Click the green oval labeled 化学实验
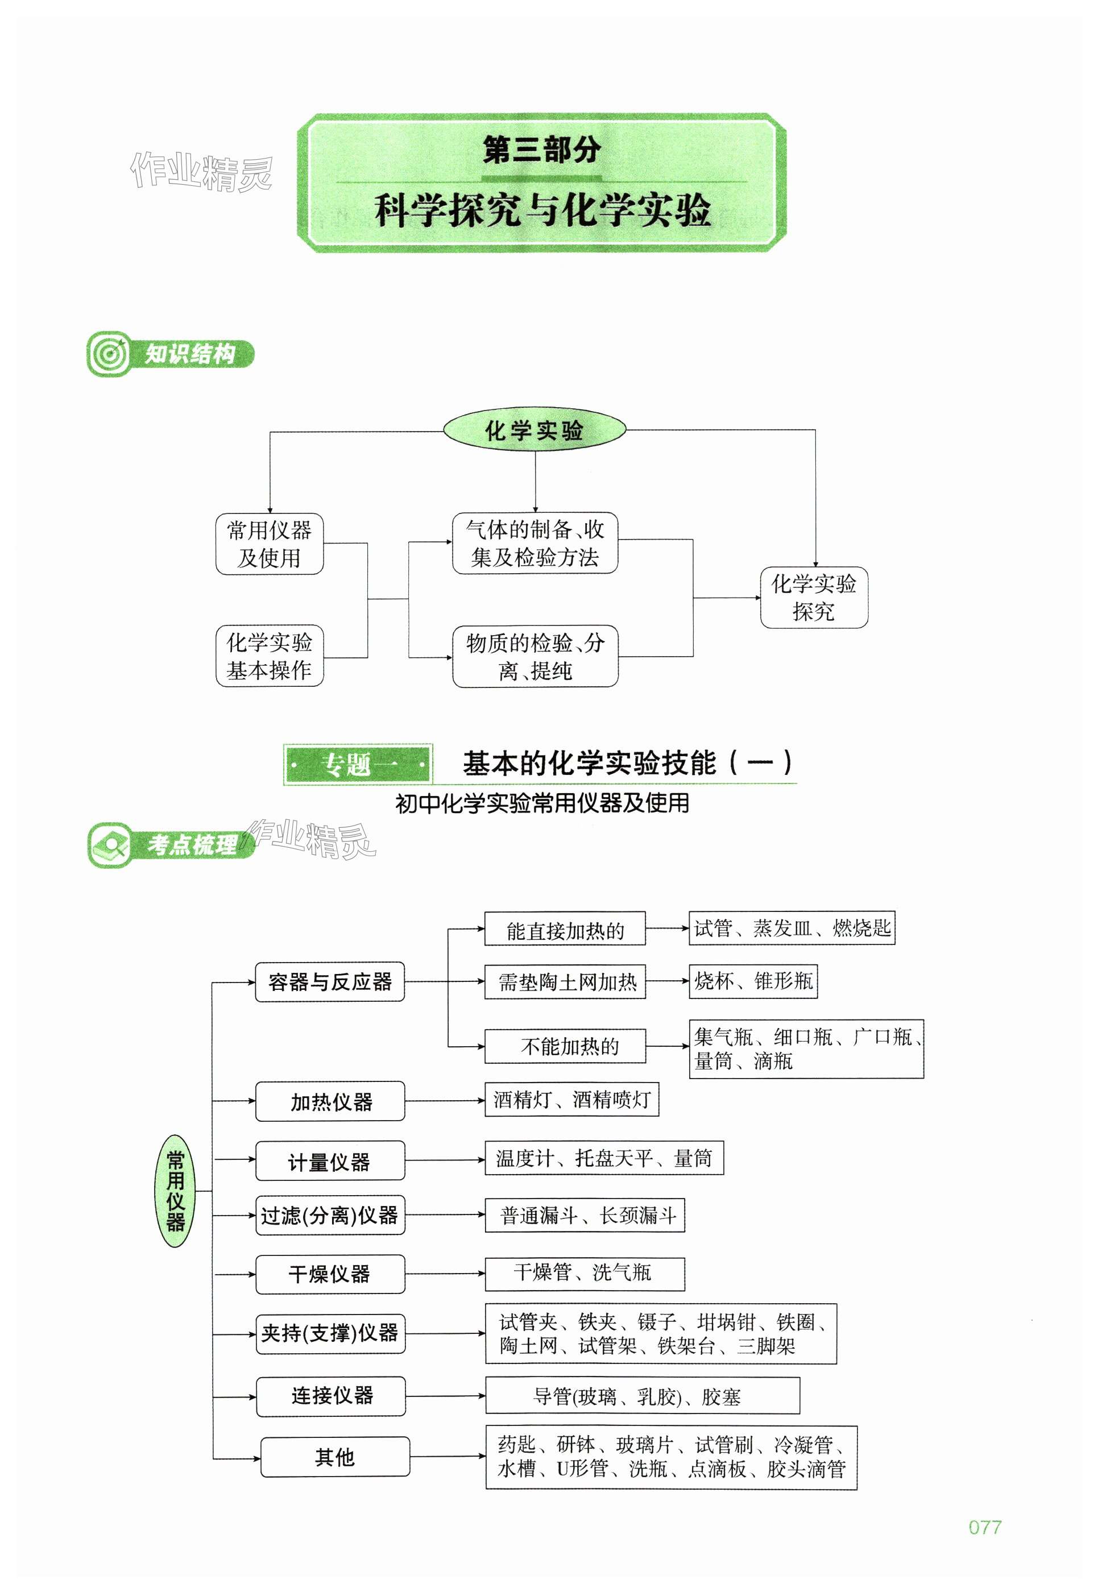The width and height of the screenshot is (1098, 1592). pyautogui.click(x=534, y=430)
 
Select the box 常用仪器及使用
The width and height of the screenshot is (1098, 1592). pyautogui.click(x=269, y=544)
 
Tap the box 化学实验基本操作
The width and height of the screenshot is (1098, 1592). pyautogui.click(x=269, y=656)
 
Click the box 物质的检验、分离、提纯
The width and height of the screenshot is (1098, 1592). pyautogui.click(x=535, y=656)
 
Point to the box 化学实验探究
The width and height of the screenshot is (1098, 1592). pyautogui.click(x=813, y=597)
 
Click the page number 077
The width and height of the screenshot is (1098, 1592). pyautogui.click(x=984, y=1527)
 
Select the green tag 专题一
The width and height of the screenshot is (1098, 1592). pyautogui.click(x=358, y=764)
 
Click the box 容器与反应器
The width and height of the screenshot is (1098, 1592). pyautogui.click(x=330, y=982)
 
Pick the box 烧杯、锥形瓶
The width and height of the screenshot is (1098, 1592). pyautogui.click(x=753, y=981)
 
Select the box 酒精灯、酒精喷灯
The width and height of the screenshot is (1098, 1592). pyautogui.click(x=571, y=1100)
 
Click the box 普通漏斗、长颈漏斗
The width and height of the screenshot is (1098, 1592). pyautogui.click(x=584, y=1216)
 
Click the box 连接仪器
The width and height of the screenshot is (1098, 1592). pyautogui.click(x=331, y=1396)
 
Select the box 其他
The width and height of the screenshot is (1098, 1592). pyautogui.click(x=334, y=1457)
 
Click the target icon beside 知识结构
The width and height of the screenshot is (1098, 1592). pyautogui.click(x=109, y=354)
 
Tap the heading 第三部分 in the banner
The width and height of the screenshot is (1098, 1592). pyautogui.click(x=541, y=150)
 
